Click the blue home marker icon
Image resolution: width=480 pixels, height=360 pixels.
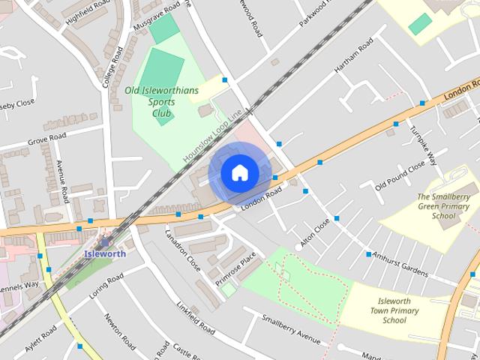(239, 173)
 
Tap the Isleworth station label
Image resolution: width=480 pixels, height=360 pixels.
(105, 253)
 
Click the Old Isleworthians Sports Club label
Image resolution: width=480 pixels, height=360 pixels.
(162, 102)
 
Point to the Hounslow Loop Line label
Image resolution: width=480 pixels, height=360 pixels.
(214, 136)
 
